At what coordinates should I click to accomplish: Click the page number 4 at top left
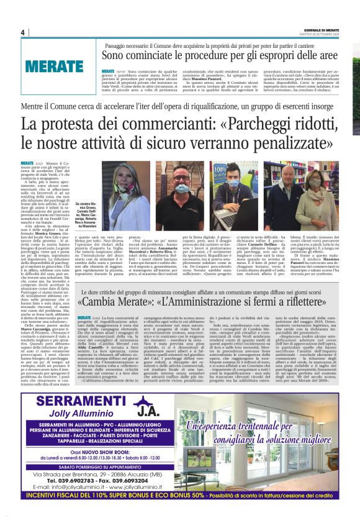point(22,32)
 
